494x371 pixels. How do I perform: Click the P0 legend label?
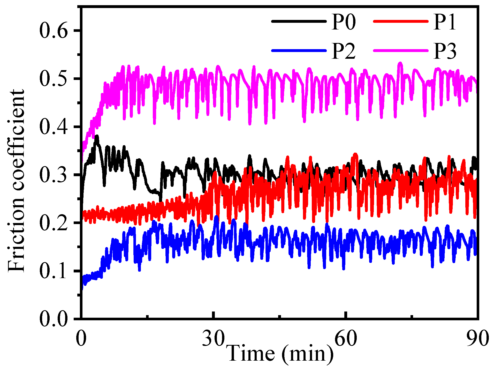coord(344,22)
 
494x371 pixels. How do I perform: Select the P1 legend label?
coord(445,22)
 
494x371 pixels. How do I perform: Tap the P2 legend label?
coord(344,51)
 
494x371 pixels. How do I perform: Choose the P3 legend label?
coord(445,51)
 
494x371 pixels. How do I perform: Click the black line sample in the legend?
coord(299,21)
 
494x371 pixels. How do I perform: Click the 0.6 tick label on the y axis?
coord(54,31)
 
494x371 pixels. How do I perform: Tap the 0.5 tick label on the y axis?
coord(54,79)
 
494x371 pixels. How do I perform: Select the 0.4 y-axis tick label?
coord(54,127)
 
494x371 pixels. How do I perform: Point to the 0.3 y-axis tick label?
coord(54,175)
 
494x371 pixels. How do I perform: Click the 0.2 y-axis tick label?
coord(54,223)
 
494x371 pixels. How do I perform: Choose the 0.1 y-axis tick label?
coord(54,271)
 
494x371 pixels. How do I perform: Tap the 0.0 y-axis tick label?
coord(54,319)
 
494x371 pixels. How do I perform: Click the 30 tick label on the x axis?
coord(213,338)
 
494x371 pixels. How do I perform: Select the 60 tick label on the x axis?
coord(346,338)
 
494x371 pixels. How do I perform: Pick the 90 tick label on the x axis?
coord(478,338)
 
